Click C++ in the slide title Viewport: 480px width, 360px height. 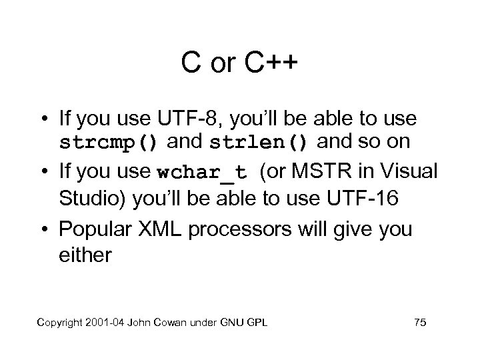(x=271, y=64)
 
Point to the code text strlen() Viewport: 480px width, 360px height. (x=259, y=143)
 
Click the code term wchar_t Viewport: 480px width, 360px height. (x=203, y=172)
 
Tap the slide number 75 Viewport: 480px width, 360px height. (x=420, y=323)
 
